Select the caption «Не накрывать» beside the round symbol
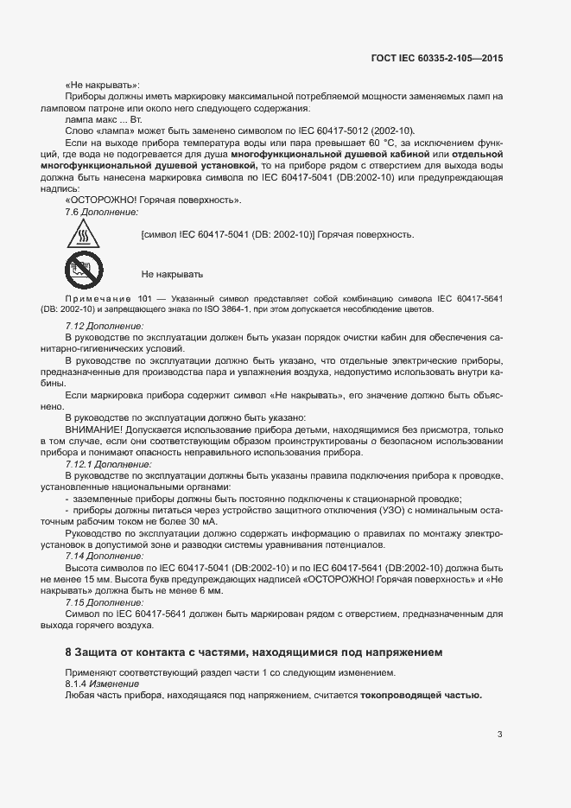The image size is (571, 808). click(172, 274)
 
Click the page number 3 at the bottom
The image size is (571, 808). click(500, 735)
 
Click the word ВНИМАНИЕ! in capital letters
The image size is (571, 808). click(93, 429)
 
